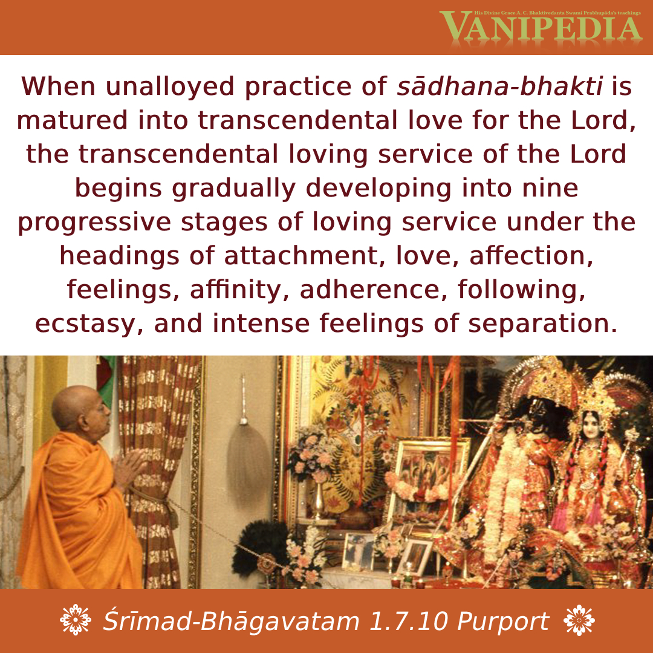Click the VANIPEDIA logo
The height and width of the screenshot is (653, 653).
coord(541,27)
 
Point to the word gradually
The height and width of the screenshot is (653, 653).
coord(233,189)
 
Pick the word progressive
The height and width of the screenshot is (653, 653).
coord(94,223)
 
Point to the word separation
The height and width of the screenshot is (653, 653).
coord(542,325)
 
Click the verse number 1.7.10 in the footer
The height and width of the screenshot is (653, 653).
coord(408,622)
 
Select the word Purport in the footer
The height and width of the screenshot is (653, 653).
coord(503,622)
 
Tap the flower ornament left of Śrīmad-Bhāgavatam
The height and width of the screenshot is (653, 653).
coord(76,620)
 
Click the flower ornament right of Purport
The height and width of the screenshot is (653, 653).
coord(579,620)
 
